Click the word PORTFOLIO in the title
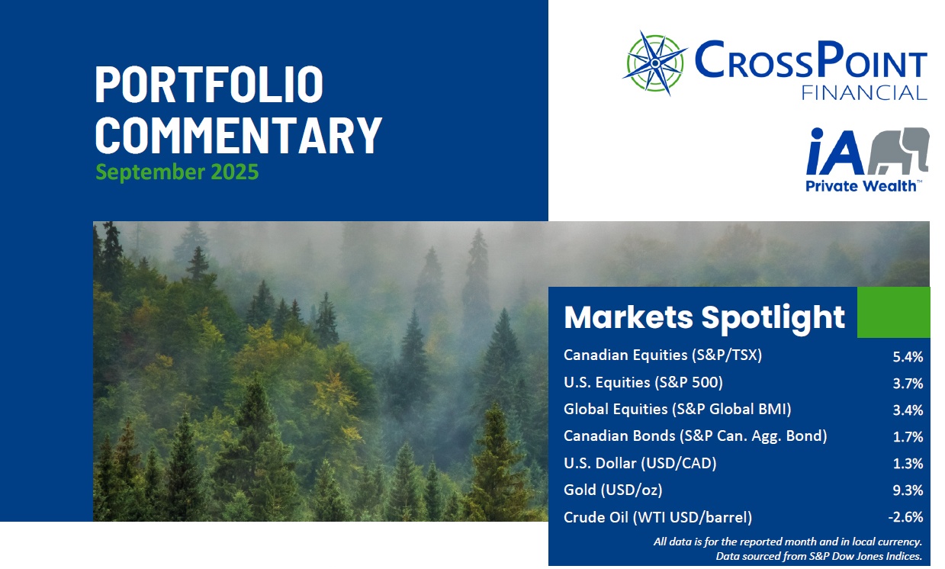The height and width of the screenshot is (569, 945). coord(209,85)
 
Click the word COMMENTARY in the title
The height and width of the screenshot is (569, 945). coord(239,136)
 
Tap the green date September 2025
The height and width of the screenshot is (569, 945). coord(177,172)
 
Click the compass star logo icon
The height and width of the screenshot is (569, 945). coord(654,63)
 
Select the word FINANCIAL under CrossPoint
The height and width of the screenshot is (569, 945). coord(864,93)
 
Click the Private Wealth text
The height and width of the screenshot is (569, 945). coord(861,186)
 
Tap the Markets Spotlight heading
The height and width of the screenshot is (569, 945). coord(705,317)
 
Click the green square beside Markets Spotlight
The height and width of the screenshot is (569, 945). coord(894,312)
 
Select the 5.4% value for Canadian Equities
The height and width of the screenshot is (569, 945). coord(908,357)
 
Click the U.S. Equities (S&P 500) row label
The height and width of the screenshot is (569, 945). coord(644,382)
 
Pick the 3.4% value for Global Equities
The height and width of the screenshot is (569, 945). coord(908,410)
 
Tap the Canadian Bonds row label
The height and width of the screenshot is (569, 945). coord(696,436)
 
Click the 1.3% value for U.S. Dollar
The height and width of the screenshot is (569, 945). coord(908,464)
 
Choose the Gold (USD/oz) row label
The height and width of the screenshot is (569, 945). coord(613,490)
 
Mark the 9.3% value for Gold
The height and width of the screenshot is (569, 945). coord(908,490)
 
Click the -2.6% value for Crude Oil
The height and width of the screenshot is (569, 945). coord(905,516)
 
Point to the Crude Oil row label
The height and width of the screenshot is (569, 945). coord(657,517)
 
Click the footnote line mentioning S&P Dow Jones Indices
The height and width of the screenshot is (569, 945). coord(819,556)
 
